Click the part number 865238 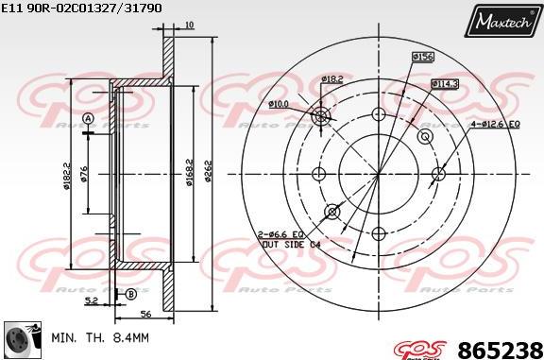500,348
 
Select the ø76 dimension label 85,175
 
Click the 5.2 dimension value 90,301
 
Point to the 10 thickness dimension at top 190,25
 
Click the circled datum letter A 87,118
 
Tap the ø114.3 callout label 445,83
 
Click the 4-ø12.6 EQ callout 495,123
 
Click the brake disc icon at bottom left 19,337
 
